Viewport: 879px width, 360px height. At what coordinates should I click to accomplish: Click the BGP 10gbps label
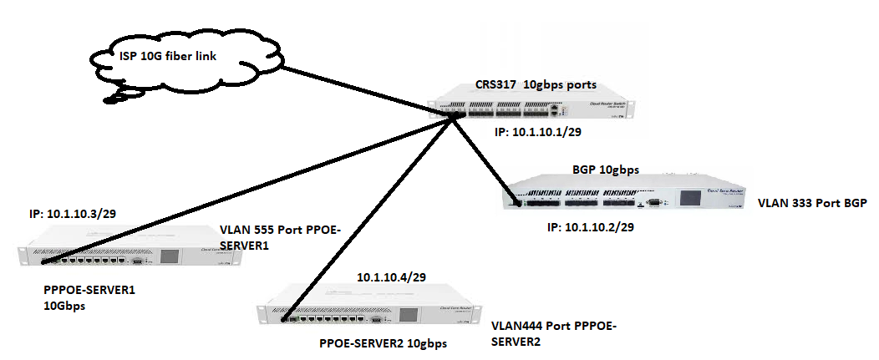pyautogui.click(x=606, y=170)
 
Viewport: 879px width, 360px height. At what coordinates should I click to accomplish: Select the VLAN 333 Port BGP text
pyautogui.click(x=810, y=203)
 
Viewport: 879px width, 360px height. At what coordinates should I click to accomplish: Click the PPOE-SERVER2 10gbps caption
pyautogui.click(x=384, y=343)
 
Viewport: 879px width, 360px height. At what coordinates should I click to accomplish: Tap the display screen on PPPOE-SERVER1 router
pyautogui.click(x=170, y=256)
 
